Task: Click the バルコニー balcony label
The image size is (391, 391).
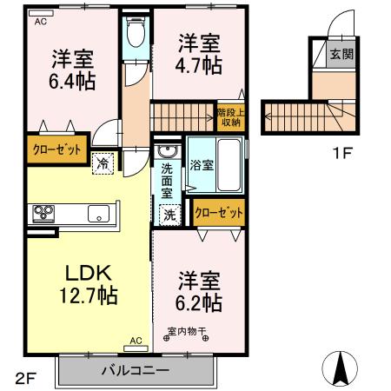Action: [134, 370]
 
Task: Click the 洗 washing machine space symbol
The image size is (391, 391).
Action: [168, 213]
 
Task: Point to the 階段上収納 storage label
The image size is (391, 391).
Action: [231, 117]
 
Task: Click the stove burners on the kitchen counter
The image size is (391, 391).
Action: [44, 213]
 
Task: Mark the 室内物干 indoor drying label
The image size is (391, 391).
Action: [187, 330]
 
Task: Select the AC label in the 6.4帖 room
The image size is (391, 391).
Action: [41, 23]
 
